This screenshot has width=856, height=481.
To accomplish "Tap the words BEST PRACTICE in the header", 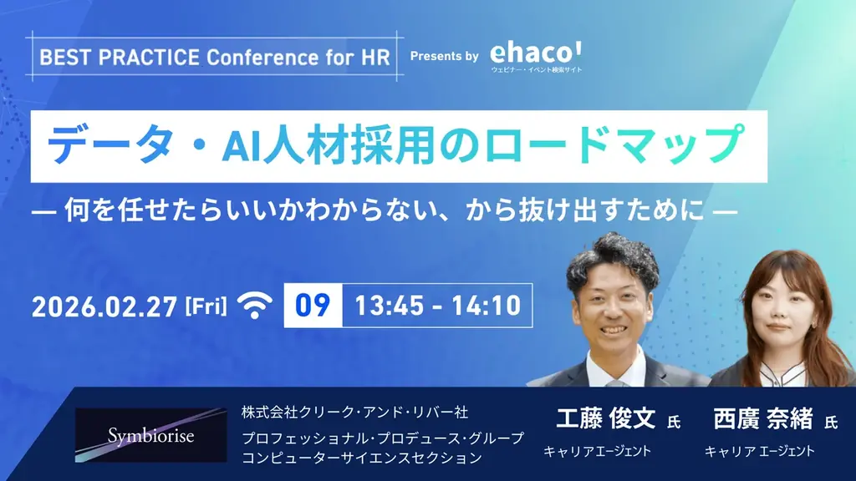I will point(120,58).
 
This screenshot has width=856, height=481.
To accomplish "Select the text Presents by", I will point(444,57).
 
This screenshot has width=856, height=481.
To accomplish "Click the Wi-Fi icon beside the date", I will point(255,306).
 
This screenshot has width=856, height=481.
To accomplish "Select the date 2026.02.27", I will point(104,306).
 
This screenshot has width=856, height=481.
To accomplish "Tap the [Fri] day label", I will point(205,306).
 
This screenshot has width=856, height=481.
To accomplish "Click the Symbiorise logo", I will point(150,435).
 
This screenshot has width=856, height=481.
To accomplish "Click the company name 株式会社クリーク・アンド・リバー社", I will point(354,413).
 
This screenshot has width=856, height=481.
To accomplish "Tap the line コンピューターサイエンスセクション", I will point(362,458).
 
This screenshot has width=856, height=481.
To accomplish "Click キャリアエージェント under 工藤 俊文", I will point(597,452).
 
